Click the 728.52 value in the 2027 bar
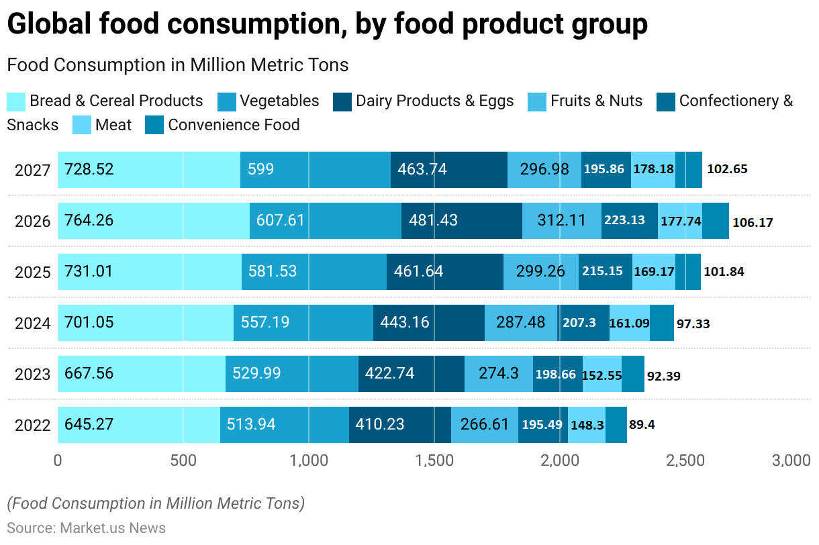coord(89,169)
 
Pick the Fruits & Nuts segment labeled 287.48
coord(520,322)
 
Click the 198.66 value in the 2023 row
coord(555,374)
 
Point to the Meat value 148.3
coord(587,425)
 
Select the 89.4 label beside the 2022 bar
coord(642,425)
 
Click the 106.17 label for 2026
coord(753,222)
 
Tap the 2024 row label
coord(33,324)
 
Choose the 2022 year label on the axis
coord(33,426)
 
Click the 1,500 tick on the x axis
coord(434,460)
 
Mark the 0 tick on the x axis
coord(58,460)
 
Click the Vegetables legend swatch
coord(227,102)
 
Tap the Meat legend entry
coord(113,126)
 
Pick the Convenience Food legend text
coord(234,126)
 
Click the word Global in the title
coord(48,25)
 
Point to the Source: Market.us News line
coord(86,528)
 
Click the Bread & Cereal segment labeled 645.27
coord(89,424)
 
